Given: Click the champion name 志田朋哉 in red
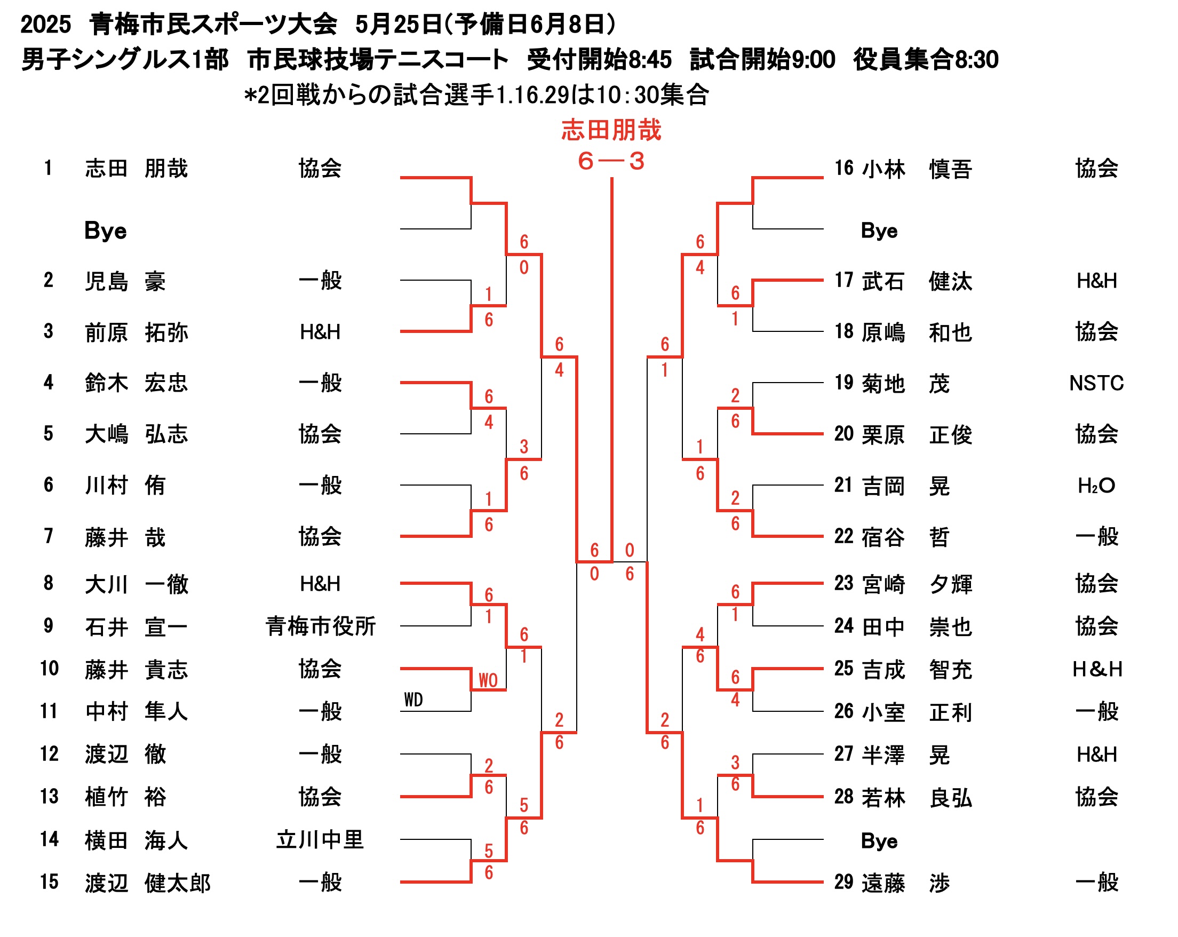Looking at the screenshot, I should coord(611,131).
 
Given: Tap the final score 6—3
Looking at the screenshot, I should coord(611,161).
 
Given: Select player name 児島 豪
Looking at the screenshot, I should coord(125,281).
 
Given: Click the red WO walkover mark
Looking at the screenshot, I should coord(488,680).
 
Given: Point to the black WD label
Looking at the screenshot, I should coord(413,700).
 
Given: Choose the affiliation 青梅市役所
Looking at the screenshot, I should coord(320,626).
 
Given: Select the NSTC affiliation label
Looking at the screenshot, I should coord(1096,383).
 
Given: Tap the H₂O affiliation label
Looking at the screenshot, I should coord(1096,485).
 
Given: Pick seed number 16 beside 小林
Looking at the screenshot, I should coord(843,168).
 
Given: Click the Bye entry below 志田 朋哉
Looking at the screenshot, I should coord(106,231).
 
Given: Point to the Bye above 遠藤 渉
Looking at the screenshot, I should coord(879,840).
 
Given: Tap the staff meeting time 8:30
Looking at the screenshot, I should coord(976,60).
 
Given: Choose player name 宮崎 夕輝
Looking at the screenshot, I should coord(917,584).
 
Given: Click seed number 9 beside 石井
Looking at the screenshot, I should coord(49,625).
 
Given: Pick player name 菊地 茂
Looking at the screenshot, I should coord(905,384).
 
